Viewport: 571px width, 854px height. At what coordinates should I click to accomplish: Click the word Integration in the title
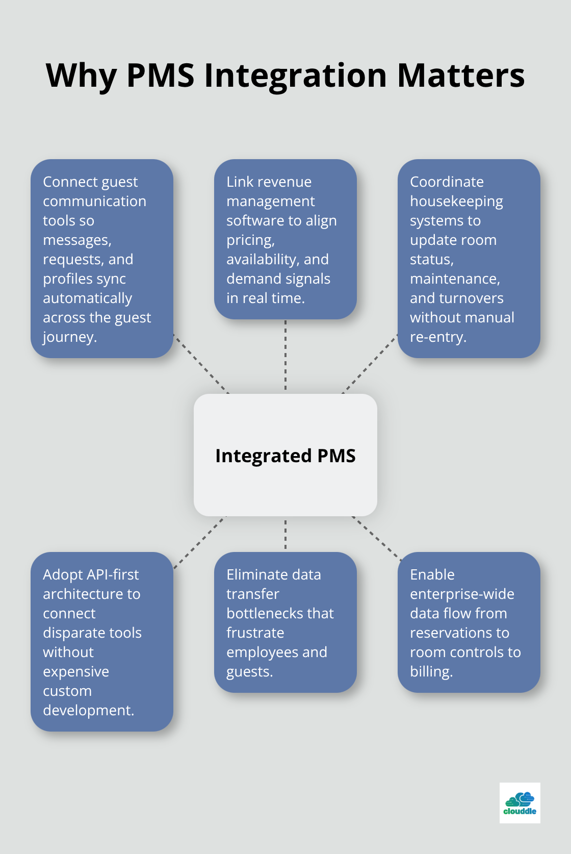click(295, 76)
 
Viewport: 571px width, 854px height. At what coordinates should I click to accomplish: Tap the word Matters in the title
click(460, 76)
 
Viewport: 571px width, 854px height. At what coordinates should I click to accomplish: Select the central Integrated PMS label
click(285, 456)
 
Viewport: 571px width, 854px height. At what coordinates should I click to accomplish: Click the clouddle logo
click(520, 802)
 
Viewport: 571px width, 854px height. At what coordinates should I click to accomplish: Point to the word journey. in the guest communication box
click(69, 337)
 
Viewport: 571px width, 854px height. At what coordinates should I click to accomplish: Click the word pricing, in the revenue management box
click(250, 240)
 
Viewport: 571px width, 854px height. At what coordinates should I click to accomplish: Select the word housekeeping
click(456, 202)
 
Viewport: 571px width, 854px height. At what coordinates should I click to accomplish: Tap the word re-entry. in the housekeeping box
click(438, 337)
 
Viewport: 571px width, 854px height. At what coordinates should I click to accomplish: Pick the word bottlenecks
click(280, 613)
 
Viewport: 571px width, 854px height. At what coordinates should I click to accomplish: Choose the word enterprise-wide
click(462, 594)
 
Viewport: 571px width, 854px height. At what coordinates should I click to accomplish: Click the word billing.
click(431, 671)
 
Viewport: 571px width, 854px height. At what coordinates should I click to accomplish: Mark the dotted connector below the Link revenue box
click(285, 356)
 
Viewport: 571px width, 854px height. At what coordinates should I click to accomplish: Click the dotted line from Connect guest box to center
click(201, 364)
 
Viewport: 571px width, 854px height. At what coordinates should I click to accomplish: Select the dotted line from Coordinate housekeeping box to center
click(370, 364)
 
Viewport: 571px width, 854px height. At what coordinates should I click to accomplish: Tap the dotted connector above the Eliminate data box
click(285, 534)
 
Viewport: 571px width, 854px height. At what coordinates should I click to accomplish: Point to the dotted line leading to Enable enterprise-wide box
click(376, 539)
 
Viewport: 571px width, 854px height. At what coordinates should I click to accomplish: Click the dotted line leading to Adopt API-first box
click(199, 542)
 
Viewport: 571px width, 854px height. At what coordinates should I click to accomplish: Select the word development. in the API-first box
click(88, 710)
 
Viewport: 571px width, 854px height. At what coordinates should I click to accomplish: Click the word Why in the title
click(82, 76)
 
